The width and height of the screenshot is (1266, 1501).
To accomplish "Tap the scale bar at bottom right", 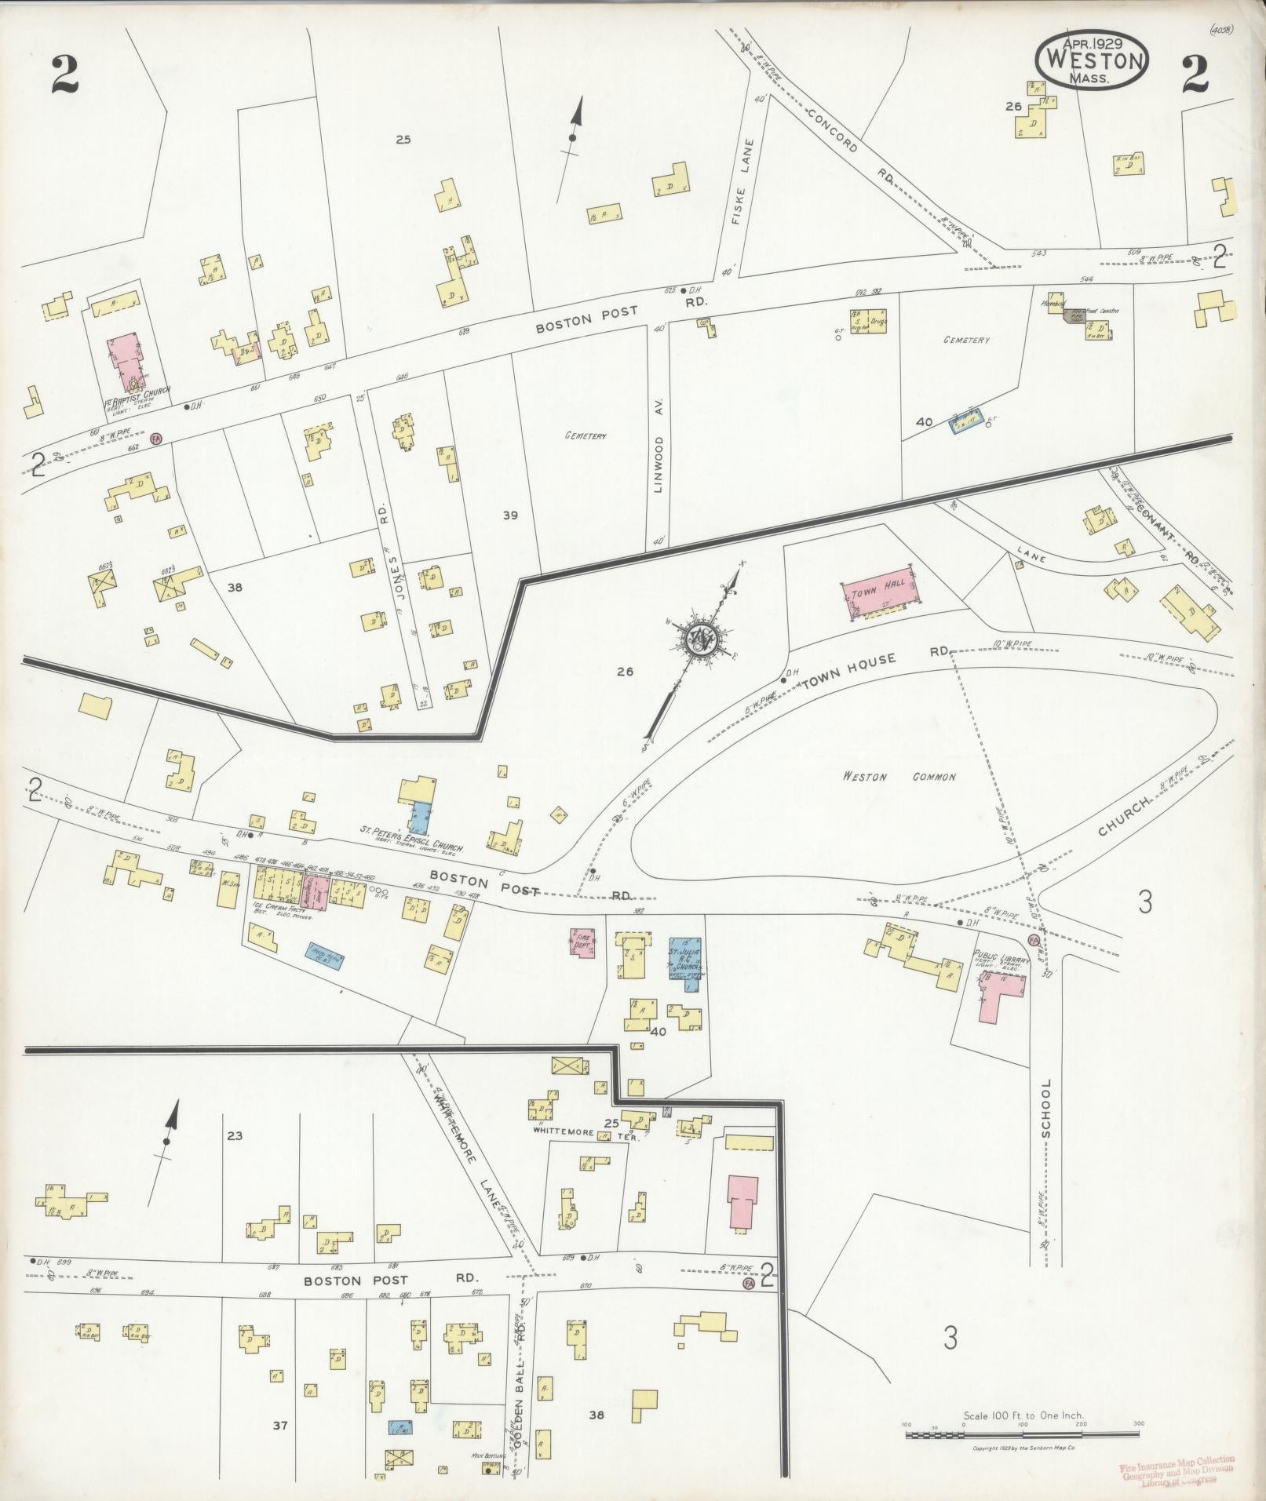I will pos(1022,1434).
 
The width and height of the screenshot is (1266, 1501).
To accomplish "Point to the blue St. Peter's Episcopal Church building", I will pos(421,817).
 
